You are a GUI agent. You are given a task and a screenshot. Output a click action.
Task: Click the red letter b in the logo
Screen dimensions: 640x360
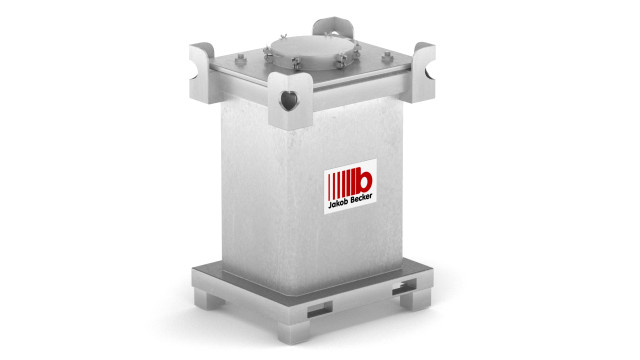(x=363, y=180)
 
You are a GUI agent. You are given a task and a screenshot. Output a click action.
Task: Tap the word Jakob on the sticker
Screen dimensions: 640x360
(x=337, y=203)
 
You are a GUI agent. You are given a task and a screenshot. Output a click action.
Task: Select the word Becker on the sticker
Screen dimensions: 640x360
(x=360, y=198)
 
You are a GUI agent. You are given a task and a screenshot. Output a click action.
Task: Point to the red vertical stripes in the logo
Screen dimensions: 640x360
(x=341, y=184)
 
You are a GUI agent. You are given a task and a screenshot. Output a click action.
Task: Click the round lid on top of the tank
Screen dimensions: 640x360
(x=312, y=52)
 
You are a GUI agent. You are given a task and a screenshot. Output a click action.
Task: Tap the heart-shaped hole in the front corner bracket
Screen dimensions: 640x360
(x=289, y=100)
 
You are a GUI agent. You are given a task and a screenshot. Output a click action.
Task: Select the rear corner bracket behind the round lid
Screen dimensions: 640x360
(x=333, y=28)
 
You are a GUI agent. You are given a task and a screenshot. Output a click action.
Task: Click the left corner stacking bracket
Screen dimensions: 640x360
(x=203, y=73)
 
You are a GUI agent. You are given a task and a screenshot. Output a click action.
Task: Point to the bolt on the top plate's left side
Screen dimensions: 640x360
(x=241, y=60)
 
